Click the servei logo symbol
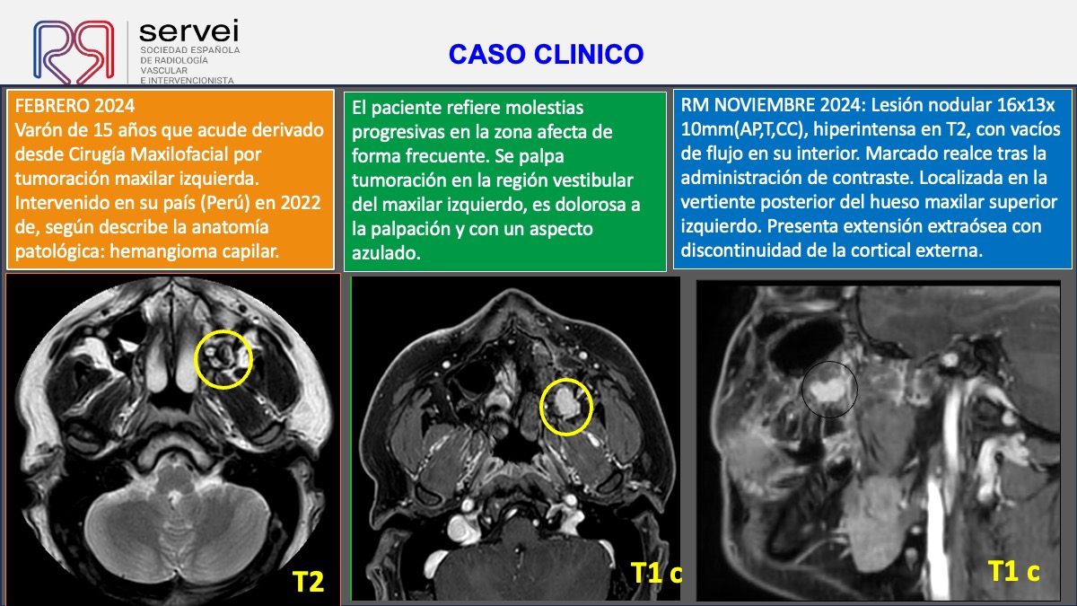click(74, 51)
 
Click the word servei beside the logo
click(189, 31)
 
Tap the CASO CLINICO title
click(546, 54)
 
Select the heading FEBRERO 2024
click(75, 106)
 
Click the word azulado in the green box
click(386, 253)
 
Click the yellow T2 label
click(308, 582)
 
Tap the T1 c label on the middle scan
click(656, 573)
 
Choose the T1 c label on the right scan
click(1014, 571)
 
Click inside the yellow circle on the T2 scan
click(223, 359)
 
